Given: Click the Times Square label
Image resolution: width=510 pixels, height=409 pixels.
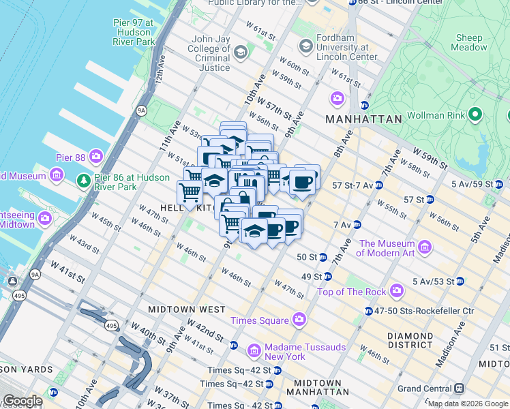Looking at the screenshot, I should click(259, 320).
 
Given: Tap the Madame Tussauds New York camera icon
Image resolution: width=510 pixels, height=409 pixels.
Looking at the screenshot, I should click(254, 351).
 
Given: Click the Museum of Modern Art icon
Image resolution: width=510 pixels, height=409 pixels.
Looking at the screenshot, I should click(425, 246).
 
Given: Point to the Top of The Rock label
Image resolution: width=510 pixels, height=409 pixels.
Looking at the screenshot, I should click(352, 292).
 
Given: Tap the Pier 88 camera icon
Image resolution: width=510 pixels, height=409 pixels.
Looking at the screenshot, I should click(95, 156).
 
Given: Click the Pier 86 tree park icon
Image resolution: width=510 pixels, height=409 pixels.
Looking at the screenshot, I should click(83, 181).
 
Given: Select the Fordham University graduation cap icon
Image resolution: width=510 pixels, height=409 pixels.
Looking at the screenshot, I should click(305, 46).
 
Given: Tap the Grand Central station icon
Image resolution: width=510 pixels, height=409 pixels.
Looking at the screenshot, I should click(460, 388).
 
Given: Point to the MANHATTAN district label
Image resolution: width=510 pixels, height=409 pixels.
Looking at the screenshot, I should click(363, 119).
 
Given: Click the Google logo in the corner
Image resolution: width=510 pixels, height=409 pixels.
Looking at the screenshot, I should click(22, 401).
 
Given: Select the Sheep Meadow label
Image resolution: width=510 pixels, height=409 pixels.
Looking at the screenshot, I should click(469, 43).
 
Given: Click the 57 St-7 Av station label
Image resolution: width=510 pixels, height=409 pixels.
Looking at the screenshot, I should click(352, 185).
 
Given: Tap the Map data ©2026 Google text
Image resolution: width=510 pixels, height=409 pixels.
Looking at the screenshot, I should click(468, 404).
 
